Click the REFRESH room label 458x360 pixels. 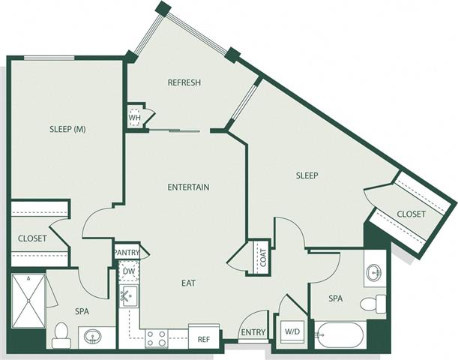184,82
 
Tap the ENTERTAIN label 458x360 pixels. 188,187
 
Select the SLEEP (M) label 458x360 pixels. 67,129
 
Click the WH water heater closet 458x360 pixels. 135,117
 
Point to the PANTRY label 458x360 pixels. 127,253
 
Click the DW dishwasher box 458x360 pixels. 129,271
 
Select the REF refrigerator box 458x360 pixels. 204,336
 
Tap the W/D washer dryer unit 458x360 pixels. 292,332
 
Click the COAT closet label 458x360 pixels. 263,257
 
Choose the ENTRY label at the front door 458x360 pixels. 253,332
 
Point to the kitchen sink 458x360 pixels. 129,296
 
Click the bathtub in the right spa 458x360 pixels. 339,335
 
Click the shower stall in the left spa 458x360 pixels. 28,301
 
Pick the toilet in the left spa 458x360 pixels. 61,335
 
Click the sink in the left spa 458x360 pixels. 93,336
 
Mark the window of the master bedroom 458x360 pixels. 49,58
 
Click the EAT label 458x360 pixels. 188,283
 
